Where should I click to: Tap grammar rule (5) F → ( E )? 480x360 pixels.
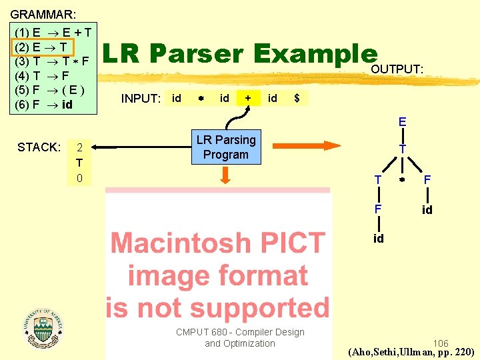click(52, 90)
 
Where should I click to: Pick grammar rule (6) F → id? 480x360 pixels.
click(44, 105)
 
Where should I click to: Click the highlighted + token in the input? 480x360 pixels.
click(248, 98)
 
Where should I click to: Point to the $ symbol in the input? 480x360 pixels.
click(297, 98)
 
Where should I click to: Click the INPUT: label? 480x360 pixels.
click(141, 99)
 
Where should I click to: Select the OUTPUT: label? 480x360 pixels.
click(397, 69)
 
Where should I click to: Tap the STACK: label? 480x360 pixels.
click(39, 147)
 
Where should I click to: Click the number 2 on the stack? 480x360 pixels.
click(79, 148)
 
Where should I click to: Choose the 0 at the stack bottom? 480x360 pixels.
click(79, 179)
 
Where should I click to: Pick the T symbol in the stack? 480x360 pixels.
click(79, 163)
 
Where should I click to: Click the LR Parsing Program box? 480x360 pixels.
click(226, 147)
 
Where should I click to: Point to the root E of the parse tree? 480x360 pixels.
click(403, 123)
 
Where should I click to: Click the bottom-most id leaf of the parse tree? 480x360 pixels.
click(378, 239)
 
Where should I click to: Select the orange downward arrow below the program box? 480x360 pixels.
click(226, 175)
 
